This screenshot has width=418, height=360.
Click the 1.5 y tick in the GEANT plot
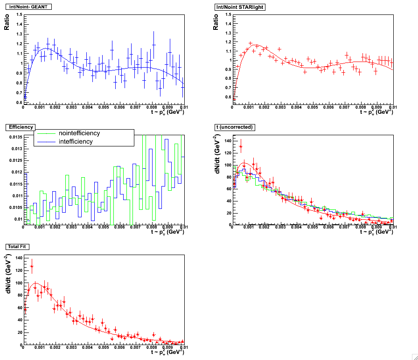(x=19, y=14)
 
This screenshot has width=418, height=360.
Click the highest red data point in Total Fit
(x=32, y=267)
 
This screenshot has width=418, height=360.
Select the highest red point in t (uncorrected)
(x=241, y=146)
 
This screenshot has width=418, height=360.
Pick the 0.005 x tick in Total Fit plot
(x=104, y=347)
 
